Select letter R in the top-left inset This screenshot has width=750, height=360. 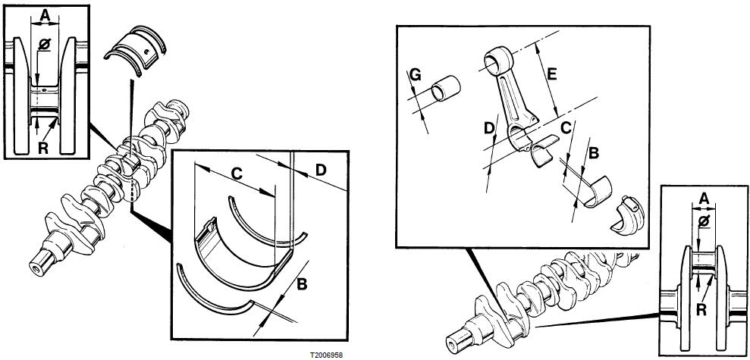46,147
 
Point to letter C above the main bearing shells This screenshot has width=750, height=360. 236,174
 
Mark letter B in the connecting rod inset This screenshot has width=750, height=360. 594,153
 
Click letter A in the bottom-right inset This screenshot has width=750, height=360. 703,199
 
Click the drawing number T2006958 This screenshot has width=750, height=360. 325,354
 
